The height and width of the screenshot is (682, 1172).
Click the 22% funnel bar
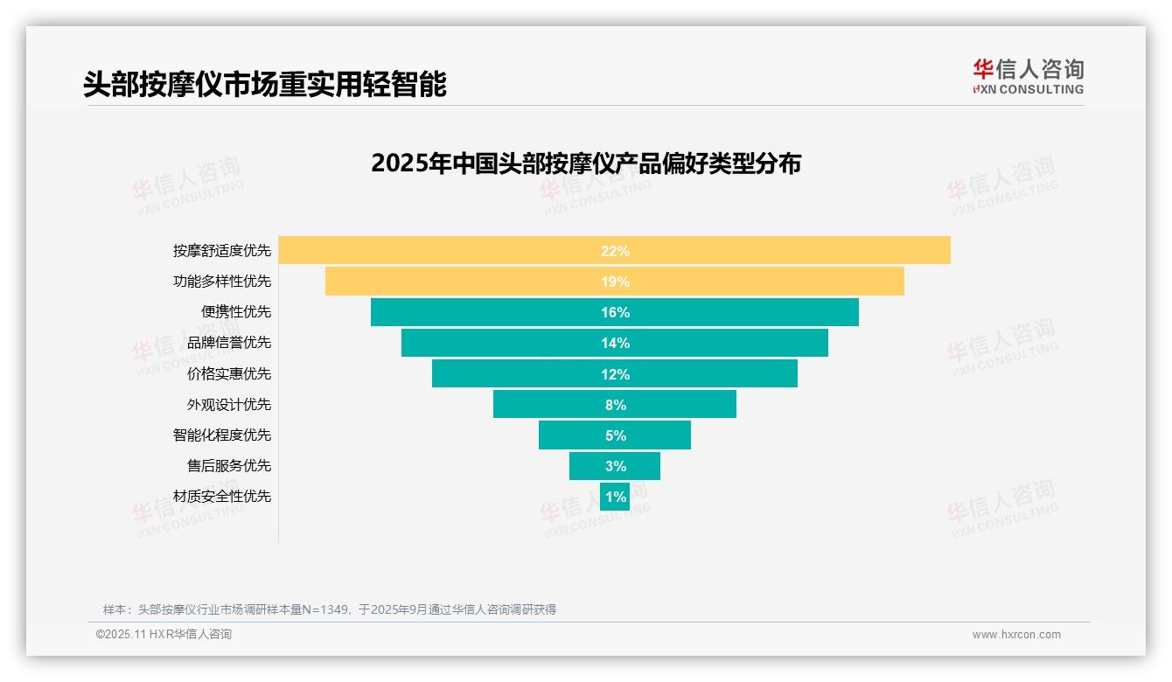point(614,250)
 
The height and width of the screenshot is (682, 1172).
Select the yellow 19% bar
point(614,282)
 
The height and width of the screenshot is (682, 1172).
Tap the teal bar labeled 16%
point(614,312)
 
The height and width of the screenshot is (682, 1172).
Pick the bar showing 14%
point(614,343)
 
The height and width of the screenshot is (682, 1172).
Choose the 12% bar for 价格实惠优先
point(614,374)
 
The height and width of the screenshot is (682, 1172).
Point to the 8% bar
point(614,405)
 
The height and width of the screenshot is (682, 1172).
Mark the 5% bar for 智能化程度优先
point(614,435)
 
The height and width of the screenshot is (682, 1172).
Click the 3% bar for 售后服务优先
point(614,466)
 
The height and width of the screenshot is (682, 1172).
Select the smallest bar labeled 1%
point(615,497)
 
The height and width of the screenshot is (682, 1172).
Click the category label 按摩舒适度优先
point(222,251)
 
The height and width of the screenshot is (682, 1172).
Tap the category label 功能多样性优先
point(222,282)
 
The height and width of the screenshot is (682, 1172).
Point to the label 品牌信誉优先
point(229,343)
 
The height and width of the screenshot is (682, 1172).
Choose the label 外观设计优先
point(229,405)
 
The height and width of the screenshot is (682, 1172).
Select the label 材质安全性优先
point(222,497)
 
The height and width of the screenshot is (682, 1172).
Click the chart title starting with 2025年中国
point(586,164)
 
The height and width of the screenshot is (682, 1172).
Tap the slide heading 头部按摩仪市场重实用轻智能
point(265,84)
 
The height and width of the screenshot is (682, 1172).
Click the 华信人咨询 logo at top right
point(1028,76)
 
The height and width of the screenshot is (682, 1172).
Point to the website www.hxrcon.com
point(1016,635)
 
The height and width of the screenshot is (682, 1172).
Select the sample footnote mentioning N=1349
point(330,609)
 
